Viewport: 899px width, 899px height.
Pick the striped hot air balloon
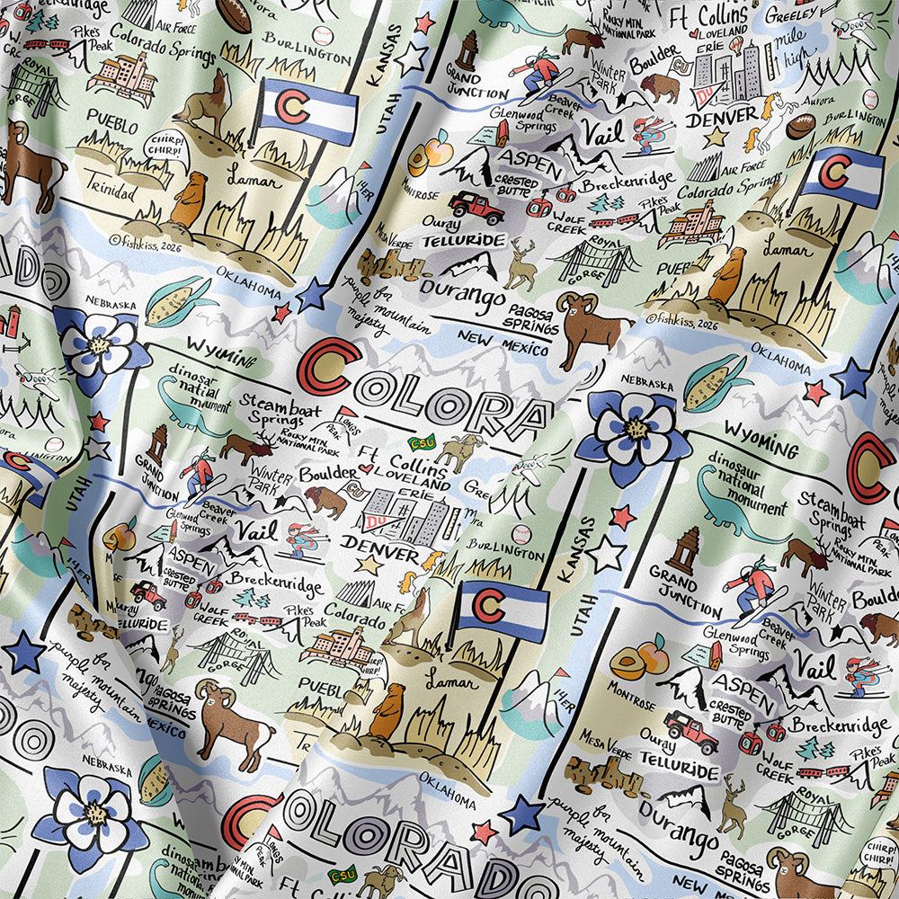734,42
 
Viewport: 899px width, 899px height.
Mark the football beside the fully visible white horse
800,125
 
